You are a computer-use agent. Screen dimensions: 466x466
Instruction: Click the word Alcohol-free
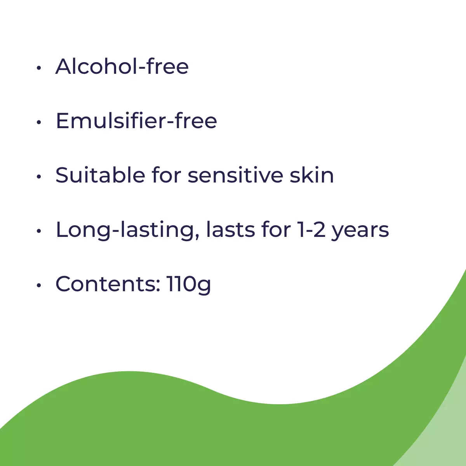click(x=122, y=66)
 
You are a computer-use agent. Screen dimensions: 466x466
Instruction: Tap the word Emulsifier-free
click(x=136, y=120)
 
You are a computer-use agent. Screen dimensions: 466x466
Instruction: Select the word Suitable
click(x=100, y=175)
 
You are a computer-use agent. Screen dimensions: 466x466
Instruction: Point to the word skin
click(x=312, y=175)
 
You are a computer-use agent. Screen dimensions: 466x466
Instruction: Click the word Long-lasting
click(x=128, y=230)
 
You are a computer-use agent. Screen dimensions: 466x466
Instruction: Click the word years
click(x=360, y=231)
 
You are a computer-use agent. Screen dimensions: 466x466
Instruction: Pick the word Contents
click(x=105, y=283)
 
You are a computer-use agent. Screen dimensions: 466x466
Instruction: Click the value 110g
click(x=189, y=285)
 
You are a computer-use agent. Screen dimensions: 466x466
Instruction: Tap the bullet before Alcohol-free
click(x=39, y=68)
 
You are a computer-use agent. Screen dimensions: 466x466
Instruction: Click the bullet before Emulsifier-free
click(x=39, y=122)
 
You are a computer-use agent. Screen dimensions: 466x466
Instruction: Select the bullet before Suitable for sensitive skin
click(x=39, y=177)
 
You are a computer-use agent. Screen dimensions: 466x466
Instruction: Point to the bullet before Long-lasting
click(x=39, y=231)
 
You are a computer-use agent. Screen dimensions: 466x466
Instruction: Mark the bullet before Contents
click(x=39, y=285)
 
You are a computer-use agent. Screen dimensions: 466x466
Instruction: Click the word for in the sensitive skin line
click(x=167, y=175)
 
